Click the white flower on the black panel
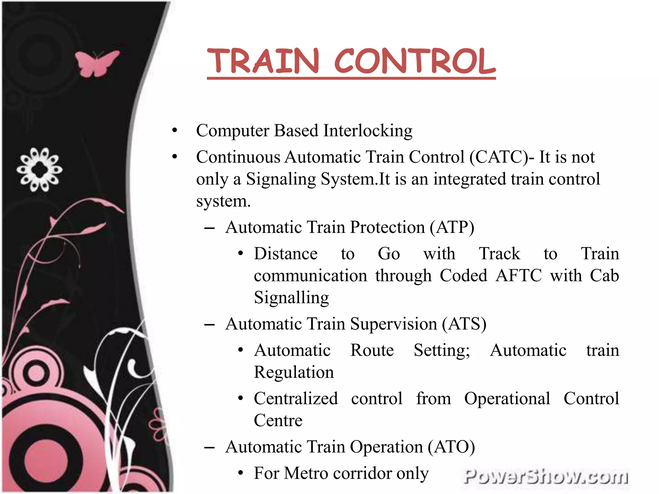[x=39, y=169]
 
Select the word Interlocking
[x=368, y=131]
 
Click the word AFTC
[x=518, y=276]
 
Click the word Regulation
[x=294, y=372]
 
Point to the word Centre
[x=278, y=421]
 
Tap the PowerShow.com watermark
[x=545, y=476]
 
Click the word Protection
[x=387, y=227]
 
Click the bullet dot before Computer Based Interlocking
[x=175, y=131]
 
